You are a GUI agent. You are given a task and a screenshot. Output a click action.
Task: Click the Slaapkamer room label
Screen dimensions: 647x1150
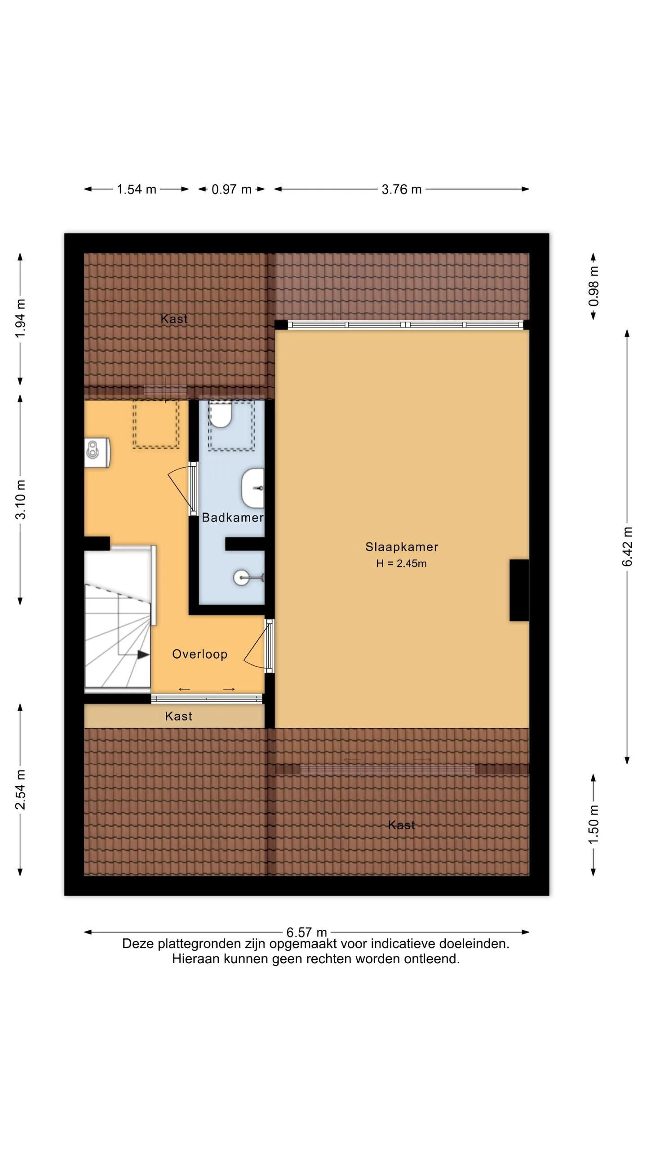tap(401, 547)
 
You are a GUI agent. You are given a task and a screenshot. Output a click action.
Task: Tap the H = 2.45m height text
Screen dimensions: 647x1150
tap(401, 563)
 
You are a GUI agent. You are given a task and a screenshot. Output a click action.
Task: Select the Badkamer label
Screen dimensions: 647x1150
tap(232, 517)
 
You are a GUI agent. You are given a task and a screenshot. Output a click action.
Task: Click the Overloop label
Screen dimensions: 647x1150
tap(199, 654)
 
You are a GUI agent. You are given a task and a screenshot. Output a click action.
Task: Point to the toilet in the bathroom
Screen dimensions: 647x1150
tap(220, 415)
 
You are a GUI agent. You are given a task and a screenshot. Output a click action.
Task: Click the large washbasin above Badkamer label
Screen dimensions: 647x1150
tap(253, 488)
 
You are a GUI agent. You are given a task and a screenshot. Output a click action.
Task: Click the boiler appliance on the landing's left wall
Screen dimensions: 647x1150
tap(97, 452)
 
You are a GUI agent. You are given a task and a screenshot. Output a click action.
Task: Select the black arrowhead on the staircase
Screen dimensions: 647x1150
tap(143, 655)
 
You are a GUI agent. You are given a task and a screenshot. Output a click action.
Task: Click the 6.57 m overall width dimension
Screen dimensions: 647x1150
tap(306, 932)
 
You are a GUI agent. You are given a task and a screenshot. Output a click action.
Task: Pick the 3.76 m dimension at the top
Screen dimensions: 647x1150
tap(402, 189)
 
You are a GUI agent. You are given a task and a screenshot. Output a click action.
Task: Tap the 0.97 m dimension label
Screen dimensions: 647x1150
tap(231, 189)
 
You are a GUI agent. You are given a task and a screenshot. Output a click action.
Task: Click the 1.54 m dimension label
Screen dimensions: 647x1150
tap(137, 189)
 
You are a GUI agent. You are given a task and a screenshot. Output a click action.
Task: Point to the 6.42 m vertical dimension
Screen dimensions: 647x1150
tap(627, 546)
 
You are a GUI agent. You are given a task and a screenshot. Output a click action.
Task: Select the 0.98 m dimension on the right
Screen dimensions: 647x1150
tap(594, 287)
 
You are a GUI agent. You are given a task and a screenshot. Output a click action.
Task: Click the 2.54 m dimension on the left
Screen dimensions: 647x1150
tap(20, 789)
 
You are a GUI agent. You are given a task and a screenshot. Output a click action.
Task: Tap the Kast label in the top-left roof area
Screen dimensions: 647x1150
tap(174, 318)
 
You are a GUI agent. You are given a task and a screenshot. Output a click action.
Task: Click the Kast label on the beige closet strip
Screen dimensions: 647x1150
tap(178, 716)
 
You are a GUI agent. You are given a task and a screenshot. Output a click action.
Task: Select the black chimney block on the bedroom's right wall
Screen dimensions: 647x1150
tap(519, 590)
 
